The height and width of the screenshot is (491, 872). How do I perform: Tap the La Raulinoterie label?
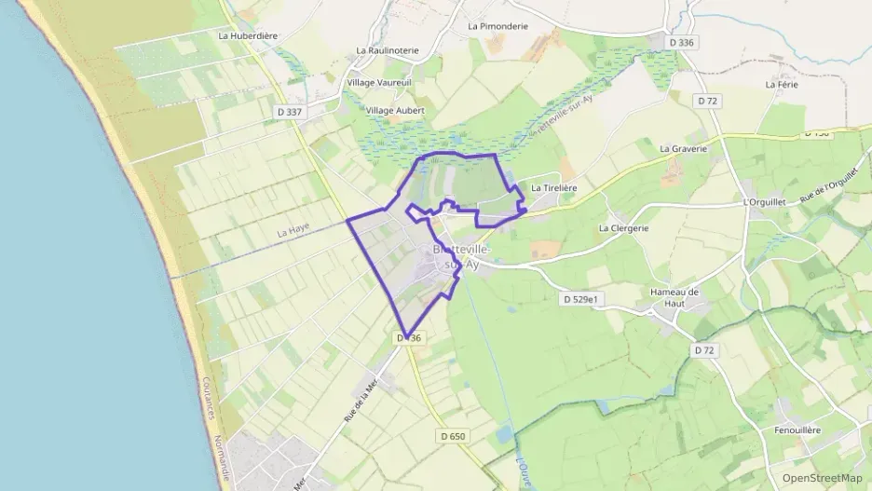[x=388, y=50]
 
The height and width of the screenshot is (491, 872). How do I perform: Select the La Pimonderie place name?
[x=497, y=26]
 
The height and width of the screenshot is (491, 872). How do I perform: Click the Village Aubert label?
[x=395, y=110]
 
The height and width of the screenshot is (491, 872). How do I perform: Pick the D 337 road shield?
[x=291, y=112]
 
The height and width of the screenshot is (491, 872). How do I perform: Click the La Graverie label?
[x=683, y=148]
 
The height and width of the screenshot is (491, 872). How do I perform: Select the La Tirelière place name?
[x=554, y=187]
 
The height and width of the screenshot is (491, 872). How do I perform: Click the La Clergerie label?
[x=623, y=227]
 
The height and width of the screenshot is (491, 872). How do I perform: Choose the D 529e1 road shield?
[x=584, y=299]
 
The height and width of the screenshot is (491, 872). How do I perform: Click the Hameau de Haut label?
[x=674, y=297]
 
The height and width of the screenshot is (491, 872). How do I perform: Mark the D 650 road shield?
[x=451, y=436]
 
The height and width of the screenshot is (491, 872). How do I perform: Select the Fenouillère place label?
[x=797, y=430]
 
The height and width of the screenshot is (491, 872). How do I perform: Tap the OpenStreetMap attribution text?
[x=822, y=478]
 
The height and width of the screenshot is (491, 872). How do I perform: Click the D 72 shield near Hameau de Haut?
[x=704, y=349]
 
